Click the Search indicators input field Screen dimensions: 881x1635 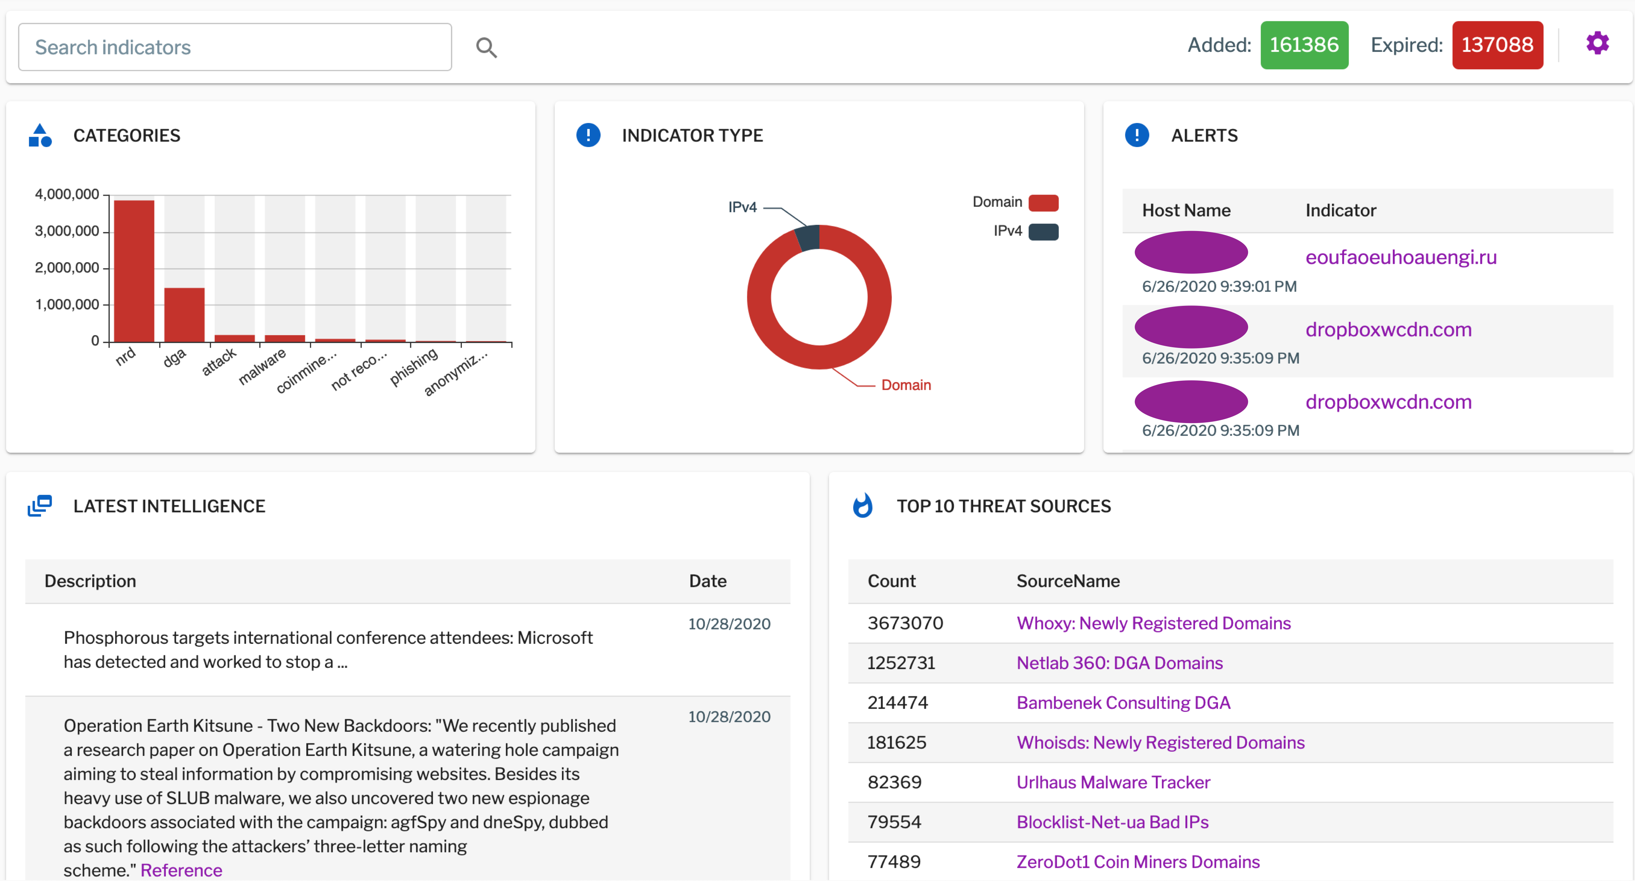[x=235, y=47]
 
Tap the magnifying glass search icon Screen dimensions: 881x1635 [x=486, y=48]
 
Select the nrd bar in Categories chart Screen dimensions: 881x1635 [x=134, y=272]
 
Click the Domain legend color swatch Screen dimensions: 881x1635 [x=1043, y=202]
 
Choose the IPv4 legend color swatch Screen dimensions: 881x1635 [x=1043, y=232]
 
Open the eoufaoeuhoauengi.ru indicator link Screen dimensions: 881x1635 [x=1400, y=257]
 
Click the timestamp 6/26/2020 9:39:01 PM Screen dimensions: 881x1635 [x=1219, y=286]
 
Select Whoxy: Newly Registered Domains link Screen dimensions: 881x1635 [x=1153, y=623]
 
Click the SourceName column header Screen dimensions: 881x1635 [x=1068, y=581]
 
